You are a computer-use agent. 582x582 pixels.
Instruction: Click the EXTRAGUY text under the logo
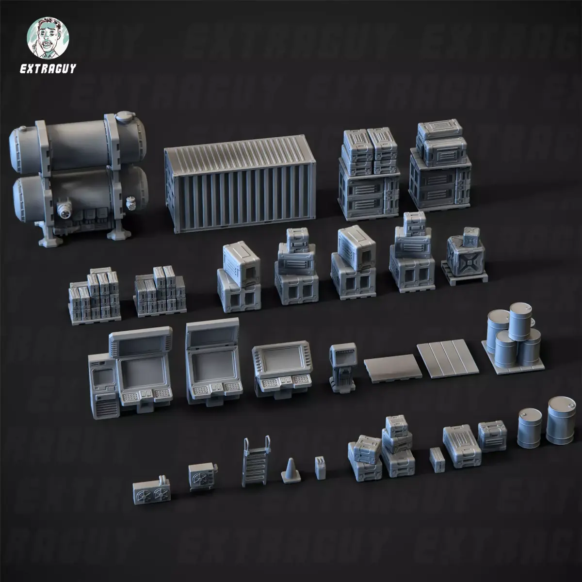click(x=48, y=69)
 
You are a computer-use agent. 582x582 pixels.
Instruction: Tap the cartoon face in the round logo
click(x=48, y=38)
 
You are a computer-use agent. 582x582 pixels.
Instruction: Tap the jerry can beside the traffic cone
click(x=320, y=468)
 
